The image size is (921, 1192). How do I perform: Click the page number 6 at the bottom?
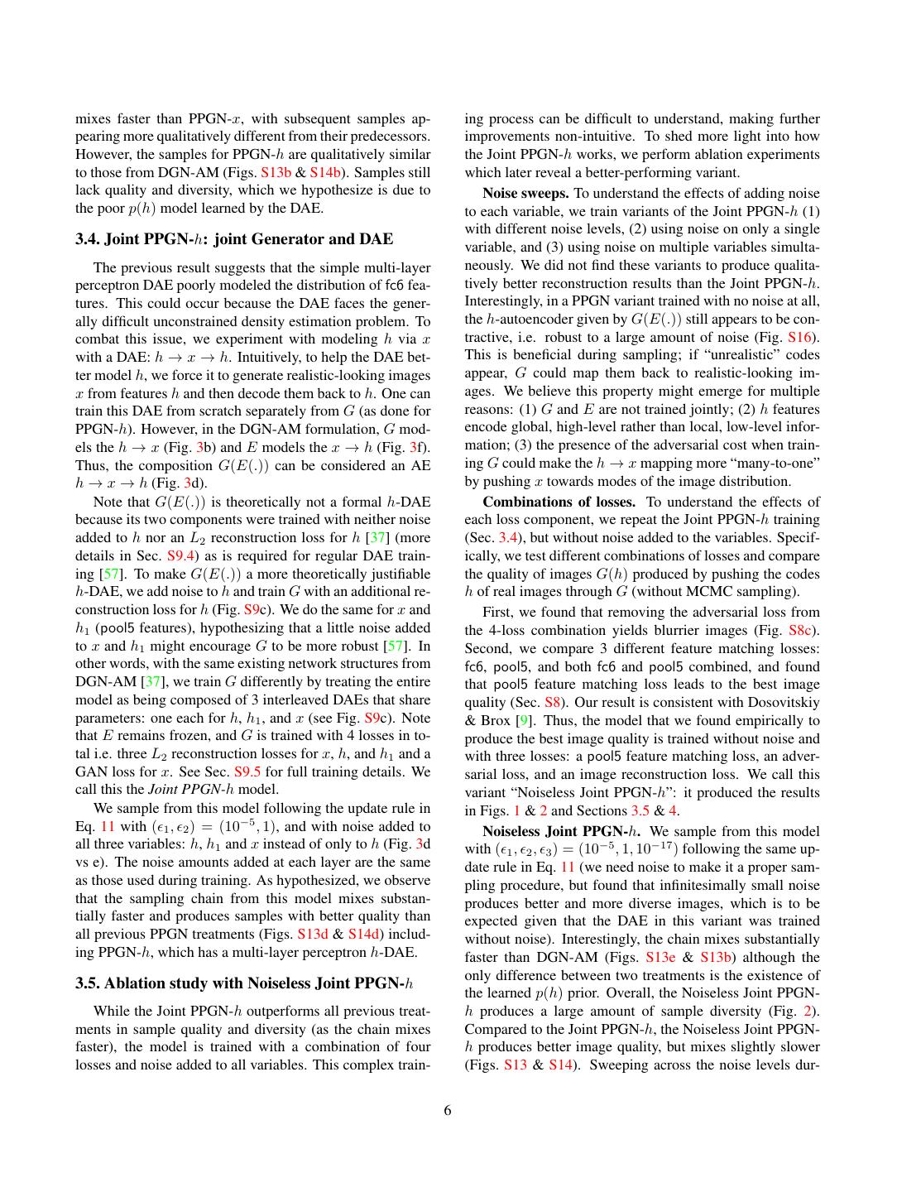[x=448, y=1111]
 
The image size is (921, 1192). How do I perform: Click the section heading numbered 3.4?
[x=234, y=239]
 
